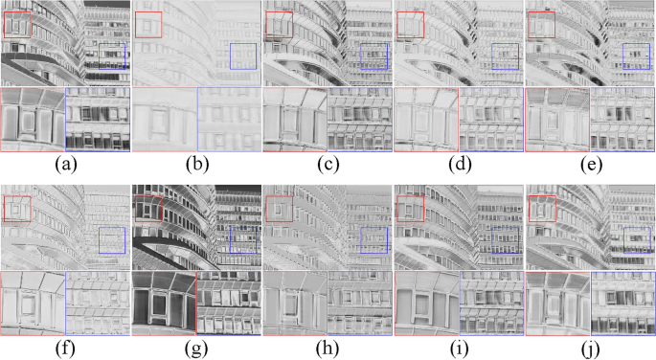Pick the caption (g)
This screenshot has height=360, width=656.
196,349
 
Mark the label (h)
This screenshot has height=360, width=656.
328,349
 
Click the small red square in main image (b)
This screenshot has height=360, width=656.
148,24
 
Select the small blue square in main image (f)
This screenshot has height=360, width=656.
112,240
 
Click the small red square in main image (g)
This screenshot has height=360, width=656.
148,209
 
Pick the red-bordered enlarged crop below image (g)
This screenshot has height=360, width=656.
164,304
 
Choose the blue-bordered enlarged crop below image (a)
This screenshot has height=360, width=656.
97,120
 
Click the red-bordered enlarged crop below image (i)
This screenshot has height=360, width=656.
426,304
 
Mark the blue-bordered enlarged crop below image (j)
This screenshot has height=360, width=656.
622,304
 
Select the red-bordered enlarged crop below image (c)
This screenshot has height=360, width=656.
295,120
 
